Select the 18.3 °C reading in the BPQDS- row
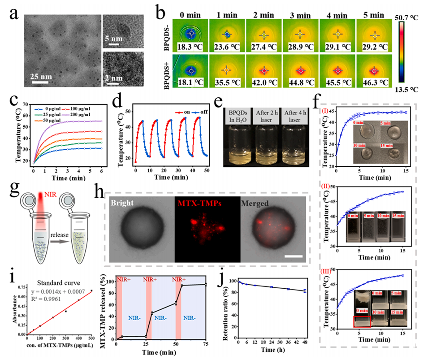(x=192, y=46)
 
